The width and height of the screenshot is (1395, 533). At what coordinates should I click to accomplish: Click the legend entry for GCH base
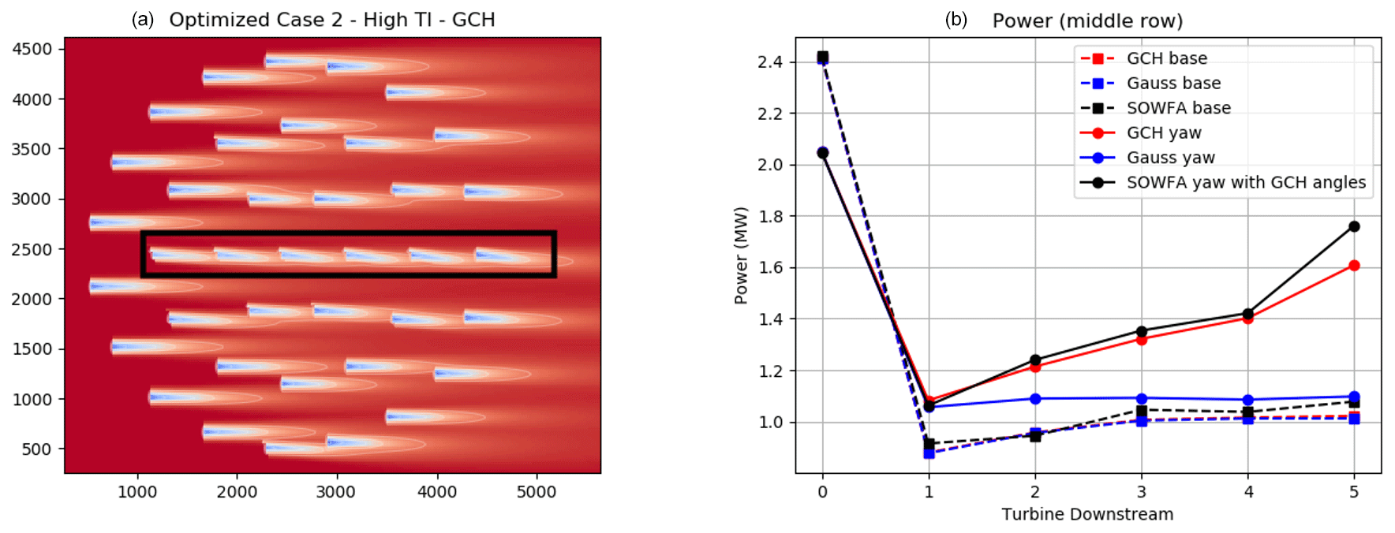point(1166,58)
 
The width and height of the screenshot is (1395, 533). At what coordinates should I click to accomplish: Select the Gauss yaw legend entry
point(1170,158)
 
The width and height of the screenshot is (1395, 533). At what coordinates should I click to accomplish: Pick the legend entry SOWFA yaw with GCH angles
point(1245,182)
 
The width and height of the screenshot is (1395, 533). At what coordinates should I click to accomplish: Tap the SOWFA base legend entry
point(1178,108)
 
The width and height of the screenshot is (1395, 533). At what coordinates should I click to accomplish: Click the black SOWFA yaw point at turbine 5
point(1354,226)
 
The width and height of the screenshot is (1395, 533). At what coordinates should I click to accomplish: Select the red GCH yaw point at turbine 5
point(1354,266)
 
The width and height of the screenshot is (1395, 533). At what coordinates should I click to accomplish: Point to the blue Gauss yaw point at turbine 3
point(1142,399)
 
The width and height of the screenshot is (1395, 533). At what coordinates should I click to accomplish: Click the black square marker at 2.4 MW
point(823,57)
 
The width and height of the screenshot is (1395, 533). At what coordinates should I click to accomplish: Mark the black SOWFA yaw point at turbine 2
point(1035,360)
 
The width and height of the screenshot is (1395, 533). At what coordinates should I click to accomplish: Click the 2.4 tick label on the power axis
point(770,62)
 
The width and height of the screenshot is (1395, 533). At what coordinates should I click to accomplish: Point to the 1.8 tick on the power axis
point(770,217)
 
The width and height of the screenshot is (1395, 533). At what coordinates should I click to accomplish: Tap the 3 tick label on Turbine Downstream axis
point(1142,492)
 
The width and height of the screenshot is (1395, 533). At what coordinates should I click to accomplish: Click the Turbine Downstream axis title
point(1087,515)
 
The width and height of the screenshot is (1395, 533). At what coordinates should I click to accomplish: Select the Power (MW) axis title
point(740,255)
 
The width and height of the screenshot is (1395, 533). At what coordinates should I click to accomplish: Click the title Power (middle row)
point(1087,20)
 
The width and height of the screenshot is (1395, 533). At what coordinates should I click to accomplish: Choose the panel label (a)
point(143,20)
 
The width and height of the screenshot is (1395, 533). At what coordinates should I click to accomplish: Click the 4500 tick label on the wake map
point(32,49)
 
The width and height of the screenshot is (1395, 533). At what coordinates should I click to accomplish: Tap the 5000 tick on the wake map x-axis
point(537,492)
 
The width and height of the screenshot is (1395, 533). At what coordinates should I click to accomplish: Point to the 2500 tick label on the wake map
point(32,249)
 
